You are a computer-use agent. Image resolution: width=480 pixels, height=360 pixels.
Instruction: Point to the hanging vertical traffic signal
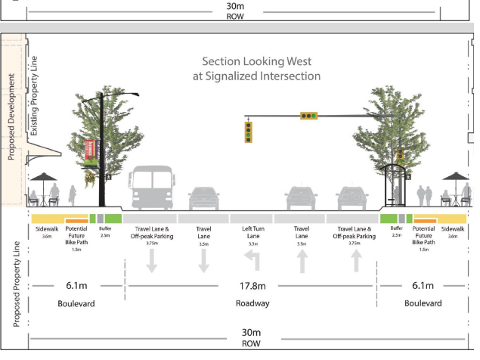(247, 132)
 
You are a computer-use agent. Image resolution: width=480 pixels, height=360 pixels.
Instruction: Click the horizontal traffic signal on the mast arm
(308, 116)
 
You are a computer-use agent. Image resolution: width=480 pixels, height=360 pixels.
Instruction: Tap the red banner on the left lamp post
(91, 151)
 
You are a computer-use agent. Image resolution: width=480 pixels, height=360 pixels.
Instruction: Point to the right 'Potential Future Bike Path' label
(424, 236)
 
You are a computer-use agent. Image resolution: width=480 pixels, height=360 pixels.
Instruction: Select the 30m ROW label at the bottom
(250, 337)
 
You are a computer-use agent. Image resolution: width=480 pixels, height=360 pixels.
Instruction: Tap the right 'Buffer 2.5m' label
(395, 231)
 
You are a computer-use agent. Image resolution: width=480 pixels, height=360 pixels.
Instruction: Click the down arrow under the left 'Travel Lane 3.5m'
(203, 261)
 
